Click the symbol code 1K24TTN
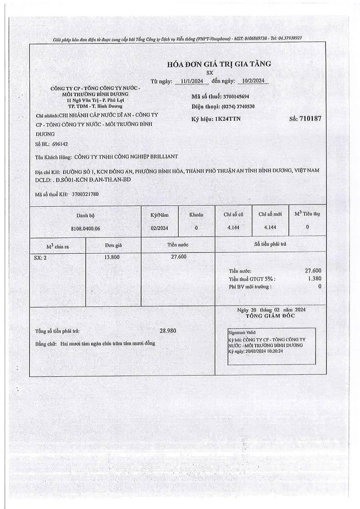click(x=229, y=119)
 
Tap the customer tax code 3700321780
click(x=85, y=194)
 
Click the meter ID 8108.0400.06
click(x=86, y=228)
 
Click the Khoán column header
click(x=196, y=214)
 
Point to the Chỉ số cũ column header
click(x=234, y=214)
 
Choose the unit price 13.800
click(x=113, y=257)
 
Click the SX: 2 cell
click(x=40, y=257)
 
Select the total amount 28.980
click(x=168, y=331)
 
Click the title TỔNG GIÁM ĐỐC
click(x=270, y=316)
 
